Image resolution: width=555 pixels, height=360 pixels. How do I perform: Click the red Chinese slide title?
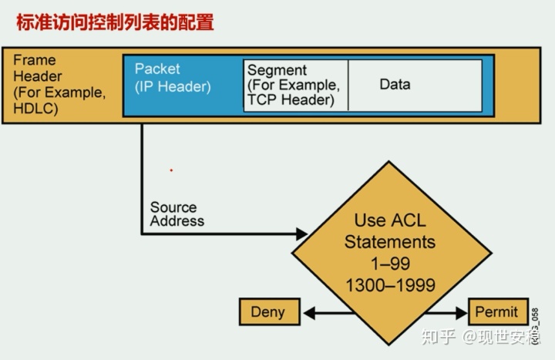[115, 22]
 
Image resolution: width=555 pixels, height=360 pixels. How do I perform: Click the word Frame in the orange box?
[35, 60]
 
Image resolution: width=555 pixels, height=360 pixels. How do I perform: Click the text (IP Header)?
[173, 86]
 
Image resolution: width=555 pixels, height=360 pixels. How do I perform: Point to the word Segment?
[277, 70]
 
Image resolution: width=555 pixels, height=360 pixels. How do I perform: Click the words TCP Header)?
[291, 99]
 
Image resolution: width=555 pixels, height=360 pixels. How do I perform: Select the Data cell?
[395, 84]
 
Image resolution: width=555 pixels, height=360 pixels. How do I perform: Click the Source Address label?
[177, 214]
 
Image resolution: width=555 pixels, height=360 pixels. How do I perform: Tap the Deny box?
[267, 312]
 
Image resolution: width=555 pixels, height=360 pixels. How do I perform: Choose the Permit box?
[496, 312]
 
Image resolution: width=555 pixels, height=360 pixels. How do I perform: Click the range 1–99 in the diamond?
[389, 264]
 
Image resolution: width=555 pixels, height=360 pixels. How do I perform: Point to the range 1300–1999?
[389, 285]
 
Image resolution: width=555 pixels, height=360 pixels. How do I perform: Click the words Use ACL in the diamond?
[389, 220]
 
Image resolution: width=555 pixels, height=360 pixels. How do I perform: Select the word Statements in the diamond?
[389, 241]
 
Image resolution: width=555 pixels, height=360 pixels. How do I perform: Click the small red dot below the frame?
[171, 170]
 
